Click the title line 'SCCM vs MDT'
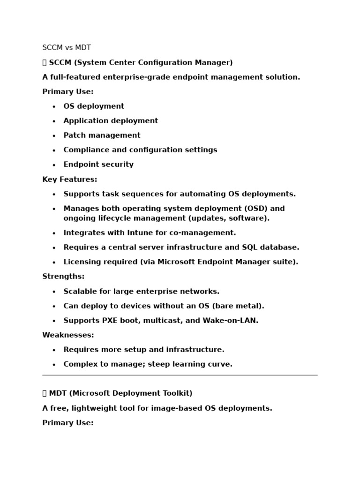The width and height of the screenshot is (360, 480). tap(67, 48)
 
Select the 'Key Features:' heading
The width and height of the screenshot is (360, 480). tap(70, 180)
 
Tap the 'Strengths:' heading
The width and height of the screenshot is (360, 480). tap(63, 277)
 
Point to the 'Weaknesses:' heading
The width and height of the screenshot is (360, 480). tap(68, 335)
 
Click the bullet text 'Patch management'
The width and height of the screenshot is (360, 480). tap(102, 135)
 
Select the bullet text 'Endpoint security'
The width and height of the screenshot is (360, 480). tap(98, 165)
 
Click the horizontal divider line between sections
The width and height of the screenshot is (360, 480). tap(180, 375)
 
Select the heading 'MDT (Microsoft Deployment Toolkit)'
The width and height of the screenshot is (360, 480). tap(120, 393)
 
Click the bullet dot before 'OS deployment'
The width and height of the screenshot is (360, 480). tap(54, 107)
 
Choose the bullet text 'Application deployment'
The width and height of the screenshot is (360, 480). tap(111, 121)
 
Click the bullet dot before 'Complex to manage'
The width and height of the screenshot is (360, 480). tap(54, 365)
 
